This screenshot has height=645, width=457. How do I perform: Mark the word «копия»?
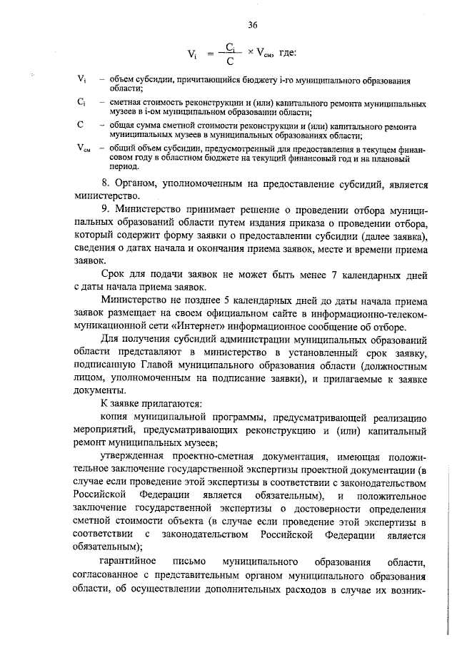tap(116, 417)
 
